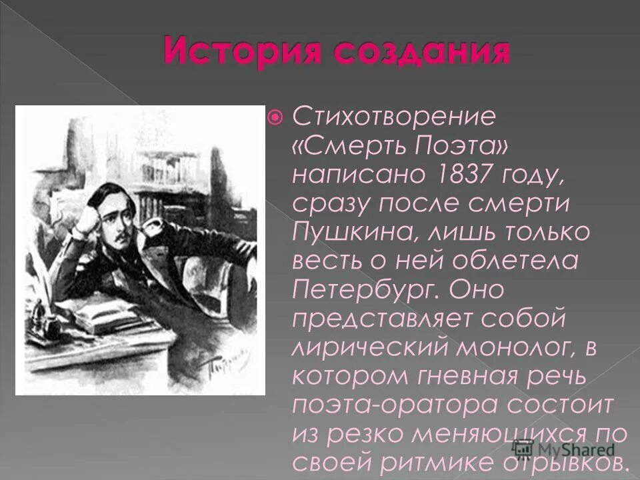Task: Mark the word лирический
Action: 354,347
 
